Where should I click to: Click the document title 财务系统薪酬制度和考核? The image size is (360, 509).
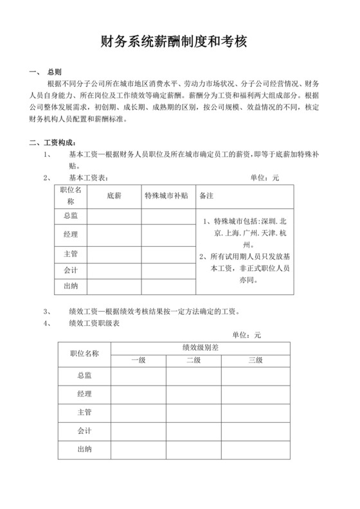click(x=179, y=42)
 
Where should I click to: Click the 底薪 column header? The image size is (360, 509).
click(x=114, y=194)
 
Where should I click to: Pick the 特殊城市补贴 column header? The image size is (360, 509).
click(x=166, y=194)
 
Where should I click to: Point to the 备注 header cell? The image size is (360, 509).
click(x=207, y=194)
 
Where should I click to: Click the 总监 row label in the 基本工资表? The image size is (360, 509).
click(x=71, y=217)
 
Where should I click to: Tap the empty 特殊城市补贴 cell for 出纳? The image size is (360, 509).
click(x=166, y=285)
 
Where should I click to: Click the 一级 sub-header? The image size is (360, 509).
click(x=138, y=359)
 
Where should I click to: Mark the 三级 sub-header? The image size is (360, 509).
click(x=255, y=359)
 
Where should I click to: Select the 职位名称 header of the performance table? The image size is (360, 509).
click(x=84, y=353)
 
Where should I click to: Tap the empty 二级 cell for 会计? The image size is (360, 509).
click(x=194, y=429)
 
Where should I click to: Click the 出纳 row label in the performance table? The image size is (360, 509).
click(x=84, y=449)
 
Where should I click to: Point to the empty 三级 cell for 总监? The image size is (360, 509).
click(x=255, y=374)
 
